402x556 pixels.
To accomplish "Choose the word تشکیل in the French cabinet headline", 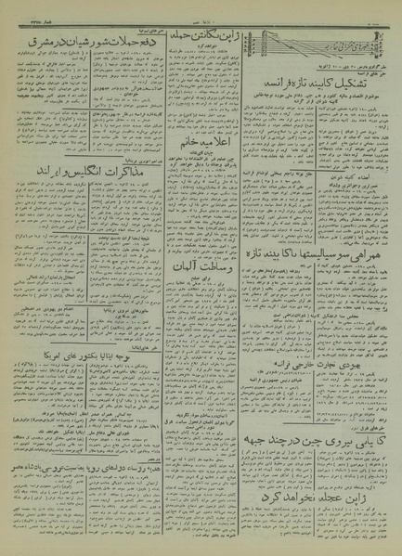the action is point(370,84).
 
